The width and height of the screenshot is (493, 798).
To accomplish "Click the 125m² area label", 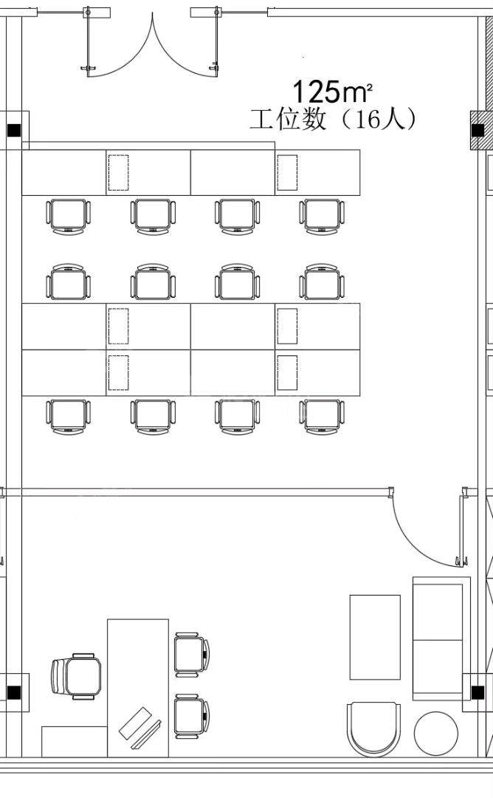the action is tap(332, 92).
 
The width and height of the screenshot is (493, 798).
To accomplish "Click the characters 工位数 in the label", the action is tap(288, 120).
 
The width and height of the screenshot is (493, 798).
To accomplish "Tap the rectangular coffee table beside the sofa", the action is tap(375, 637).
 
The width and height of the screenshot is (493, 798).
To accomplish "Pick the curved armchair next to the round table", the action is tap(373, 729).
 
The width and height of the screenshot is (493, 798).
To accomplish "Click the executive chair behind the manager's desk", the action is tap(76, 676).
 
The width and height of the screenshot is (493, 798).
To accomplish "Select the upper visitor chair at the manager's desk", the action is tap(192, 655).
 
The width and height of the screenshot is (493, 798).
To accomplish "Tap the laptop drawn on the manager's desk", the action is tap(139, 727).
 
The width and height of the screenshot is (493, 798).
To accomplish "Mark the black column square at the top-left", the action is tap(14, 130).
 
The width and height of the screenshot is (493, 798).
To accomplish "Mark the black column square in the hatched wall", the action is tap(478, 130).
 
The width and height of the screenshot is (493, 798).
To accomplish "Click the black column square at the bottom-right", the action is tap(478, 692).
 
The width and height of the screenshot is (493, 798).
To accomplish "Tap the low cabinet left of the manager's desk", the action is tap(75, 742).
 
